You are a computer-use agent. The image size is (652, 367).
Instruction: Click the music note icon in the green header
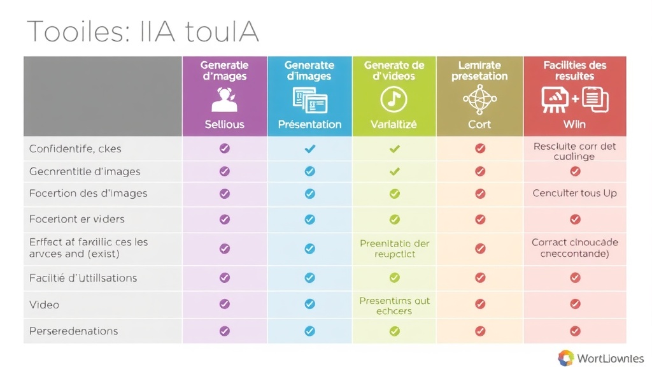(394, 99)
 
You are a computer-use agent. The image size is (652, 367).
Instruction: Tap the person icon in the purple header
(224, 100)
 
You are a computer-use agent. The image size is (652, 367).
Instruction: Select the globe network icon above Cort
(479, 99)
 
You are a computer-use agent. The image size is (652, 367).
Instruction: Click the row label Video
(45, 305)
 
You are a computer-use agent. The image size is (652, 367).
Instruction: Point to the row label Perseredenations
(73, 331)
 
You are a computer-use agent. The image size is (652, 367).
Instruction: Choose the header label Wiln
(574, 124)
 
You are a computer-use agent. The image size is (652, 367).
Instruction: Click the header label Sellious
(224, 124)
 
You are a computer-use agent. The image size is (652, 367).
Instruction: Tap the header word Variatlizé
(393, 124)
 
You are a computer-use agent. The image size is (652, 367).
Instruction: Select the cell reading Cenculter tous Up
(574, 193)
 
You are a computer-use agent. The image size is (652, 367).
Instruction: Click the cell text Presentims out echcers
(394, 306)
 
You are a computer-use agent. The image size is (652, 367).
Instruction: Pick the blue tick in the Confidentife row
(309, 148)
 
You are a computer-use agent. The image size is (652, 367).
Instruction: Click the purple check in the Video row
(224, 304)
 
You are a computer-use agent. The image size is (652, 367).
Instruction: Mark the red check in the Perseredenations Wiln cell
(575, 331)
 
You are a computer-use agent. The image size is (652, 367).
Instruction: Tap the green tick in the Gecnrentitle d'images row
(394, 171)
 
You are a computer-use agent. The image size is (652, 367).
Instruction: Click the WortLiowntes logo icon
(565, 358)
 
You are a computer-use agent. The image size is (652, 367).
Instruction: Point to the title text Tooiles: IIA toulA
(143, 31)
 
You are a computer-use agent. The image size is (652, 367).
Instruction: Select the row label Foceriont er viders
(77, 219)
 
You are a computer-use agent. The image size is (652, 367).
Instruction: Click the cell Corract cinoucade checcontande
(574, 248)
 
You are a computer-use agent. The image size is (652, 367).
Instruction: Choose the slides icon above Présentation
(309, 100)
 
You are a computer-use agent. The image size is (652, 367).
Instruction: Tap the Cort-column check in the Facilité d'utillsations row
(480, 278)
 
